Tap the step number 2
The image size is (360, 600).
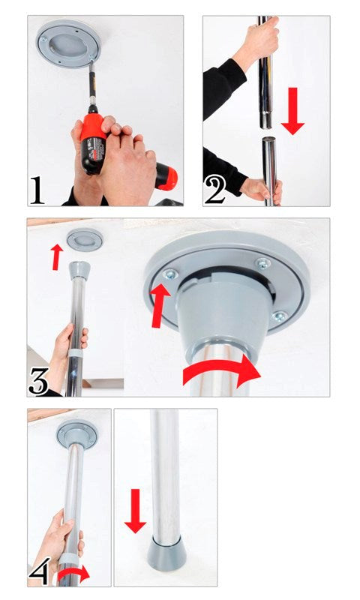[215, 189]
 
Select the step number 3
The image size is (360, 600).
[40, 381]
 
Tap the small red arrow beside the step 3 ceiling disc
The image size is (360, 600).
[53, 256]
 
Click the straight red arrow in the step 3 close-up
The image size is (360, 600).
[159, 304]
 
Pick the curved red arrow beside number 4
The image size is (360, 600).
[74, 574]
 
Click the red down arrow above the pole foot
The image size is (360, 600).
[135, 510]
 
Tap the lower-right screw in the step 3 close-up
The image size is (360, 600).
[278, 316]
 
